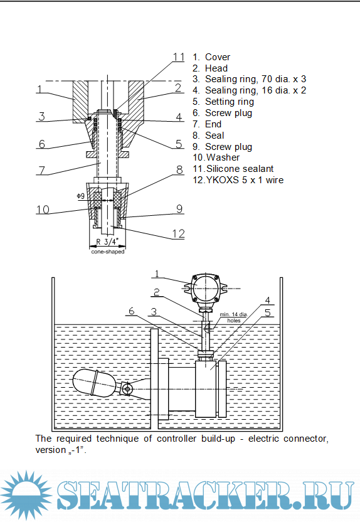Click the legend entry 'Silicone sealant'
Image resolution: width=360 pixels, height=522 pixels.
240,169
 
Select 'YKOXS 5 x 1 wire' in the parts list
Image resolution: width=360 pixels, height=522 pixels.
245,180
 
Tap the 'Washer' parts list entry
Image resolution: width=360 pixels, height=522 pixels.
223,157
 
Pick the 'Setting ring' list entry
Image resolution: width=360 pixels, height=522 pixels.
230,102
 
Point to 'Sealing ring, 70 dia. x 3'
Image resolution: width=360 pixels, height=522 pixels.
255,79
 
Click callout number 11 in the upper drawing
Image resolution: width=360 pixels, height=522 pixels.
179,57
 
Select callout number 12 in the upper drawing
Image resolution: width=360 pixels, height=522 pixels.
178,233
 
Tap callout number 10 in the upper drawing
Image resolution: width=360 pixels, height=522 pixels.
43,210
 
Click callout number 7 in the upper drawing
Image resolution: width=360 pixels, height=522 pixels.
42,170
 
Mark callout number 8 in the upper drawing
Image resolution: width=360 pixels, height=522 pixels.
179,170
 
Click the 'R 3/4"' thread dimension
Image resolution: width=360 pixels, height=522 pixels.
107,242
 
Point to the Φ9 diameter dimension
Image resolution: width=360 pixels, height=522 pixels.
80,196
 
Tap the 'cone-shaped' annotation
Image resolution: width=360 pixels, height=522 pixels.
108,252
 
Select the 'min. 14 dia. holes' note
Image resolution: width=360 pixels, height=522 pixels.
233,317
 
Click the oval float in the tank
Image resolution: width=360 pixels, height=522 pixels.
95,383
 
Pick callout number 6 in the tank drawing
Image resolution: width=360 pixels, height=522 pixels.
132,311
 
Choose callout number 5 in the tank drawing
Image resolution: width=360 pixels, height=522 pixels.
268,312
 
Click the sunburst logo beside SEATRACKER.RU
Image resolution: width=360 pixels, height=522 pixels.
26,494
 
